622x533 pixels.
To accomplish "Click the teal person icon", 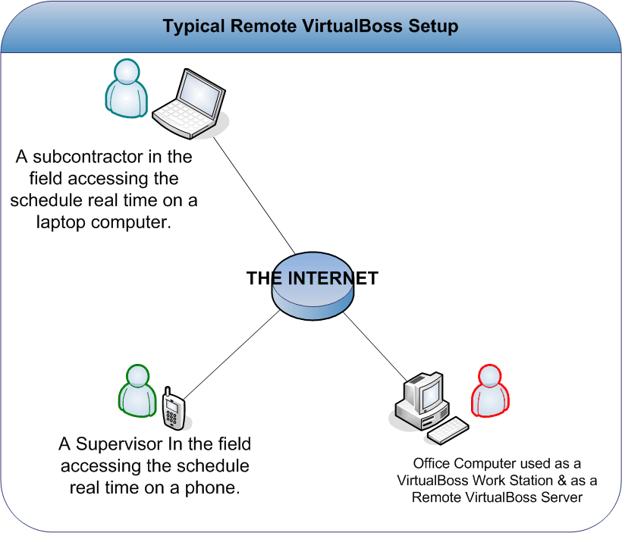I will (x=124, y=89).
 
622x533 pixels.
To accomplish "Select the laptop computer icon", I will (x=190, y=102).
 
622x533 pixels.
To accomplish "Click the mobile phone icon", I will (x=174, y=409).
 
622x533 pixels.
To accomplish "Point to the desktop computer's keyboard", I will (x=448, y=431).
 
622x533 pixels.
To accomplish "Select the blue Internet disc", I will (x=313, y=292).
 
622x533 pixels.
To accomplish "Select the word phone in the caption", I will (x=213, y=487).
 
